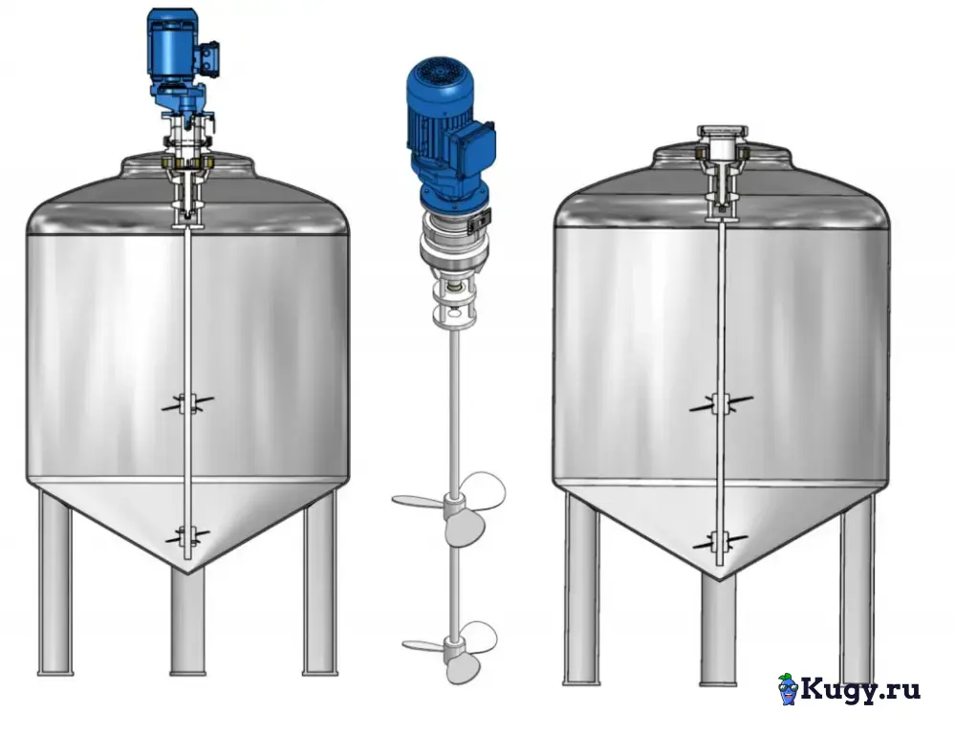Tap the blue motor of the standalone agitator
tap(449, 134)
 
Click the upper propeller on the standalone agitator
tap(449, 507)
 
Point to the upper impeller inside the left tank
tap(187, 403)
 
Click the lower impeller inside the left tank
tap(187, 536)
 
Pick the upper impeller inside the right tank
tap(721, 404)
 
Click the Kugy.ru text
tap(860, 689)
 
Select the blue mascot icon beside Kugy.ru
tap(788, 689)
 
